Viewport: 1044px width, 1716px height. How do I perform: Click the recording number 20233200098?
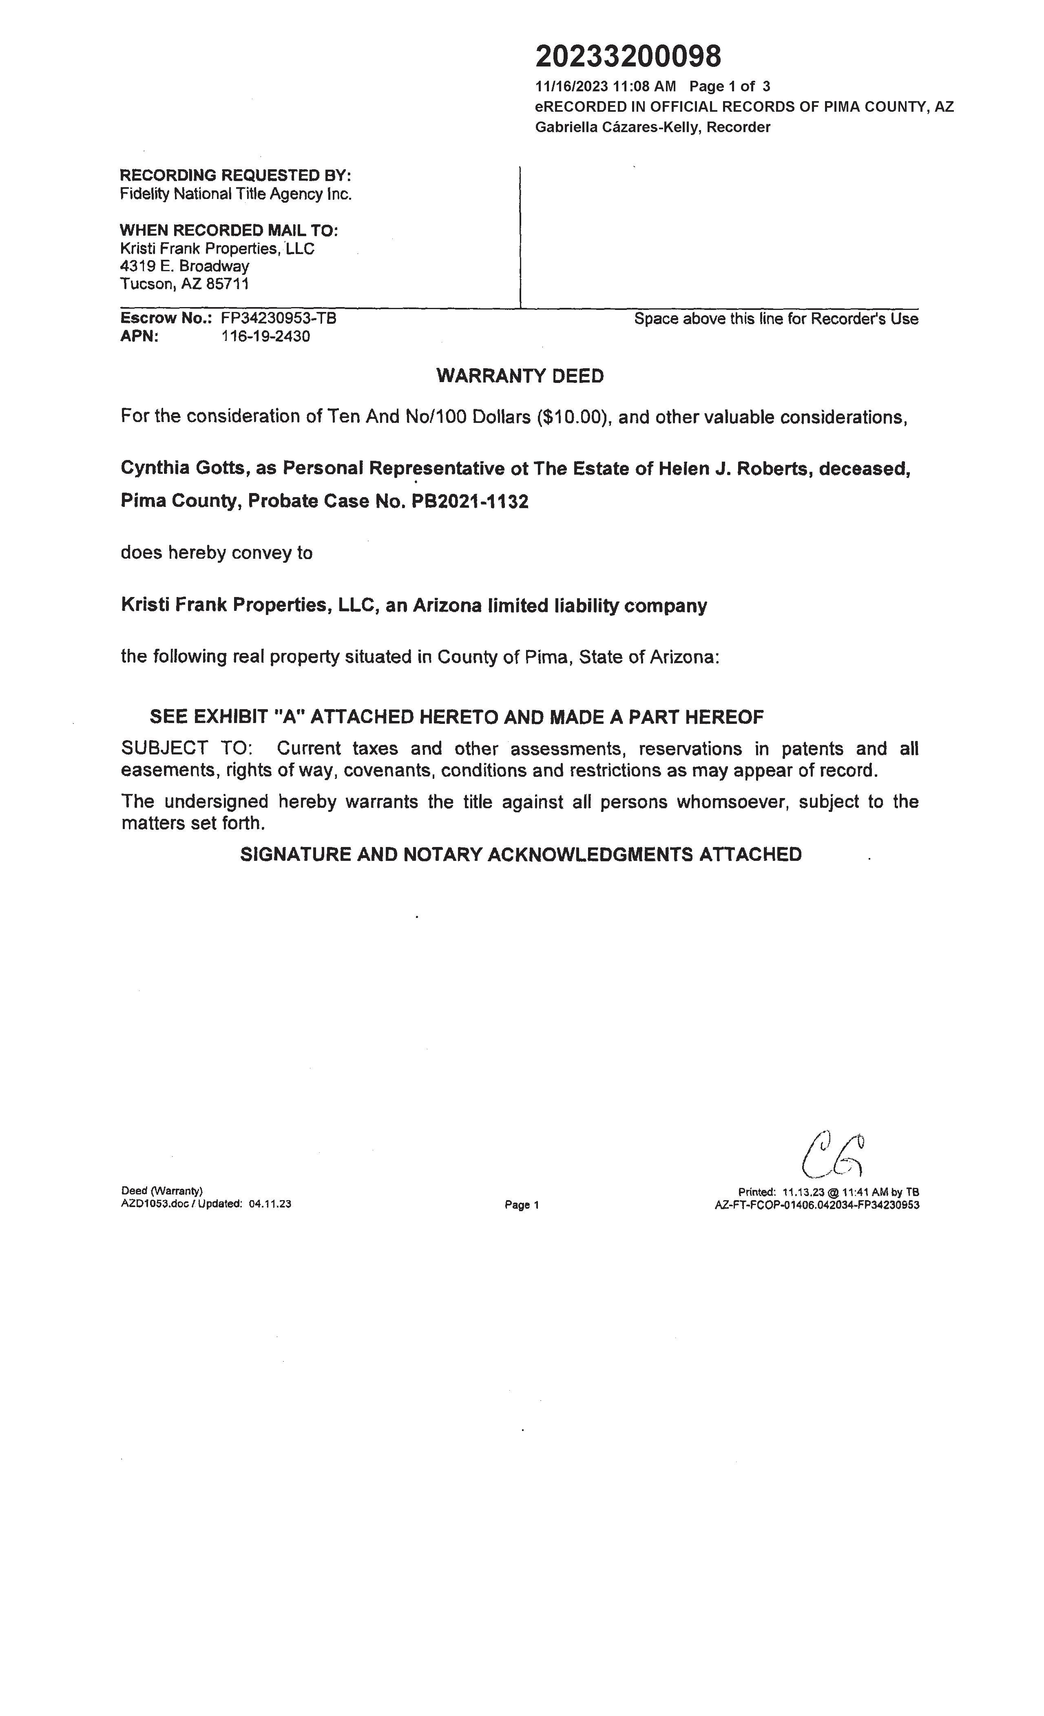(x=628, y=56)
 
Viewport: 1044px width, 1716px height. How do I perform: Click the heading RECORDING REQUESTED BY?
(x=235, y=175)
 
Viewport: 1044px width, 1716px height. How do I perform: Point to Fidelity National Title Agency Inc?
(x=235, y=194)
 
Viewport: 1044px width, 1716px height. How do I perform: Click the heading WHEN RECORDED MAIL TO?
(x=229, y=230)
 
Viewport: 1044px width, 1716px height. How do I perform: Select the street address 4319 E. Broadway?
(x=185, y=266)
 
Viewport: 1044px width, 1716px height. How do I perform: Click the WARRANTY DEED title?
(x=520, y=376)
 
